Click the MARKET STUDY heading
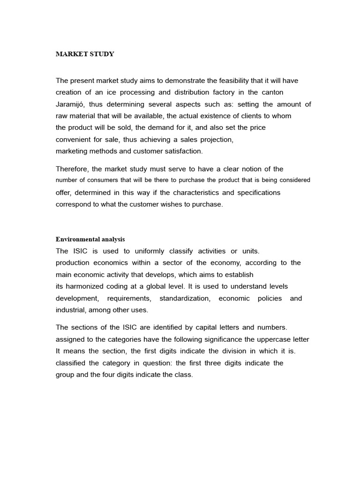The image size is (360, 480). (85, 54)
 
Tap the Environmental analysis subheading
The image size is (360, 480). (90, 239)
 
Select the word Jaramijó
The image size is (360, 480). (70, 104)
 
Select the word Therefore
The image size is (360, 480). (72, 169)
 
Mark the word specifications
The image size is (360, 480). (259, 192)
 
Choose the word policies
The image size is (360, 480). (270, 298)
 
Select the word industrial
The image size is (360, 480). (70, 310)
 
